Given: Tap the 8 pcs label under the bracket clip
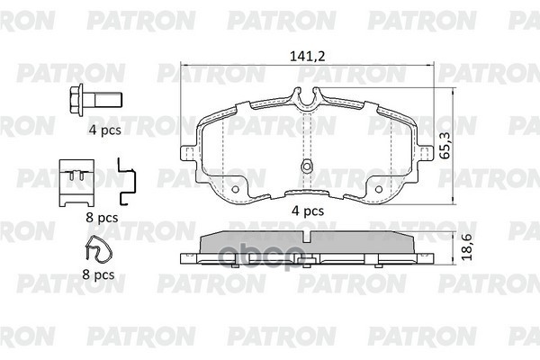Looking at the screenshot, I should (x=102, y=217).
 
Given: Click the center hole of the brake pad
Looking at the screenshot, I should (x=306, y=166).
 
